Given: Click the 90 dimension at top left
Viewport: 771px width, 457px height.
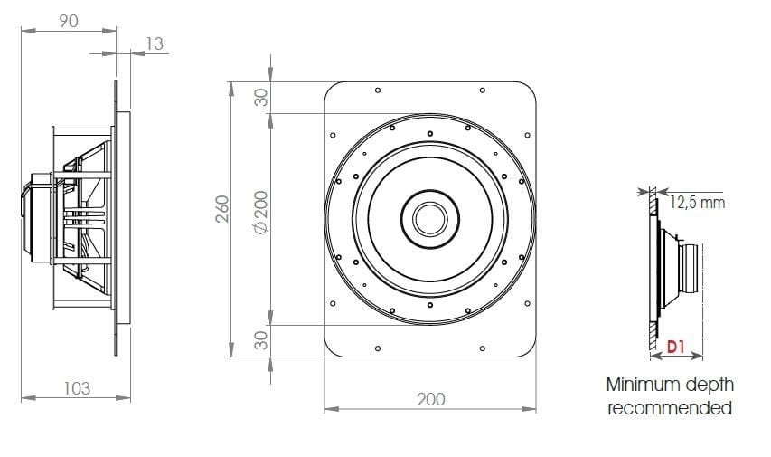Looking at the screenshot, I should point(69,21).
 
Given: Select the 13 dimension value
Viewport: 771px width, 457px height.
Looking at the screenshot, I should point(155,43).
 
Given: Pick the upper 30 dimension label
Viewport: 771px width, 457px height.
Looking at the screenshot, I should point(260,98).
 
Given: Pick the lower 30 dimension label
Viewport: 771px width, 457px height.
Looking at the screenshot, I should point(260,340).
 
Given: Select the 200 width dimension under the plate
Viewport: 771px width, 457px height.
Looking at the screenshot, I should point(431,399).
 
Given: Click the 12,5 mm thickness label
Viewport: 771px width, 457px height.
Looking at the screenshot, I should point(697,202).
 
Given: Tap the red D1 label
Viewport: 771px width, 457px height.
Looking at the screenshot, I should point(676,346).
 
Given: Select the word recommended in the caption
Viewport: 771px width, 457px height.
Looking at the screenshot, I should point(669,408).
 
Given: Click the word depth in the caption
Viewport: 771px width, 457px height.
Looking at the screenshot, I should point(710,385).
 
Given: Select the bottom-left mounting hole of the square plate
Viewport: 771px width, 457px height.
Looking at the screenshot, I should point(376,347).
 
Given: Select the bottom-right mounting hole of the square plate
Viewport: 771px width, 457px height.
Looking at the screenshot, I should point(484,347).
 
